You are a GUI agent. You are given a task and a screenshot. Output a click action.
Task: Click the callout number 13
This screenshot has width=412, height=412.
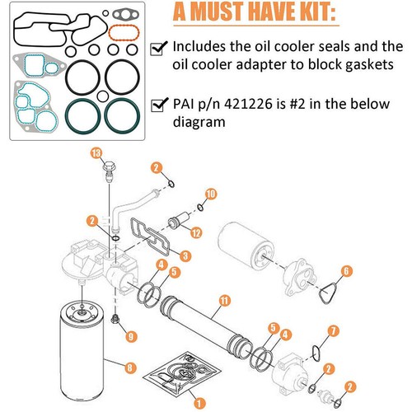(x=96, y=154)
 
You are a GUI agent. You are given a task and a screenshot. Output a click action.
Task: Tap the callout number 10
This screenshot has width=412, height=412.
(x=210, y=194)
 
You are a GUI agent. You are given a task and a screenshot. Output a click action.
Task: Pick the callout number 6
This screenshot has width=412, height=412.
(x=347, y=271)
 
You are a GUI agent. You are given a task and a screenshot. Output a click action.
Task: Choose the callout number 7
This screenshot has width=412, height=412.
(x=332, y=330)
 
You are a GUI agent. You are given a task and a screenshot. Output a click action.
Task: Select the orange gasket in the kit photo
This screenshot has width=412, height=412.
(x=122, y=32)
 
